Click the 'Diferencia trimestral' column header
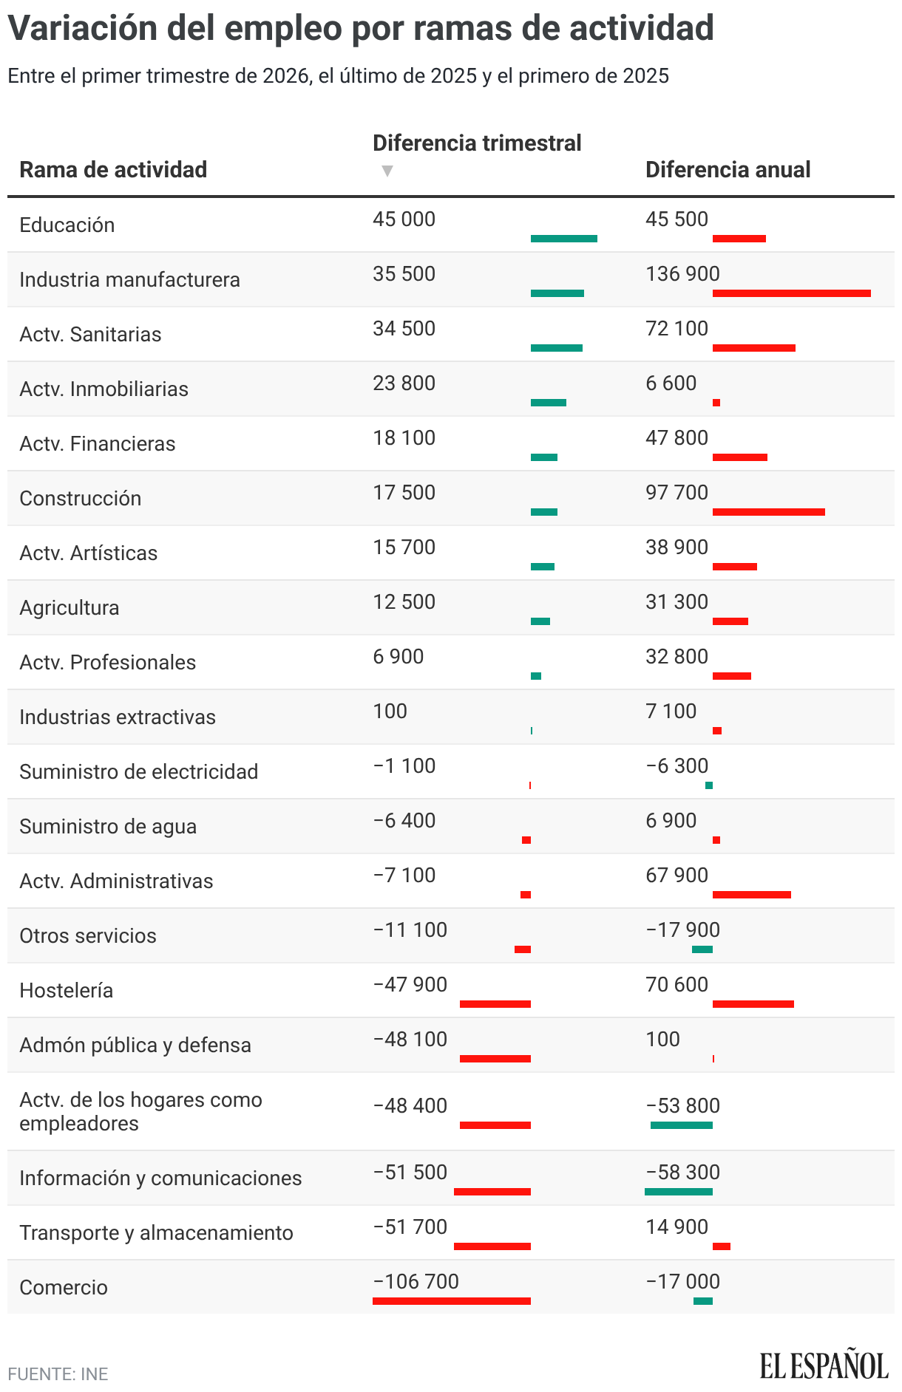[x=477, y=143]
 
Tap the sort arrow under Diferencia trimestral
[x=387, y=171]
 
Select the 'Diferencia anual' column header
[x=728, y=169]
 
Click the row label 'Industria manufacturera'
[x=129, y=279]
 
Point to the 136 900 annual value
[x=682, y=273]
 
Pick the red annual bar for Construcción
[x=768, y=512]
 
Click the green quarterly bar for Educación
[x=563, y=239]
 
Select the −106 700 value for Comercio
[x=416, y=1281]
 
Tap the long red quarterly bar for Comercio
[x=451, y=1301]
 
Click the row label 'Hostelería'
[x=66, y=990]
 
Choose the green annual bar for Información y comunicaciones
[x=678, y=1192]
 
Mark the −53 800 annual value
[x=682, y=1105]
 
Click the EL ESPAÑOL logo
[x=824, y=1365]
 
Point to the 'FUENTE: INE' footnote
[x=58, y=1374]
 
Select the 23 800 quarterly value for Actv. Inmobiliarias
[x=404, y=383]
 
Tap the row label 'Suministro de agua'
[x=108, y=826]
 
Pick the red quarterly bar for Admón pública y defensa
[x=495, y=1059]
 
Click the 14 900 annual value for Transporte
[x=676, y=1226]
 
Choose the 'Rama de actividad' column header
[x=113, y=169]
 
